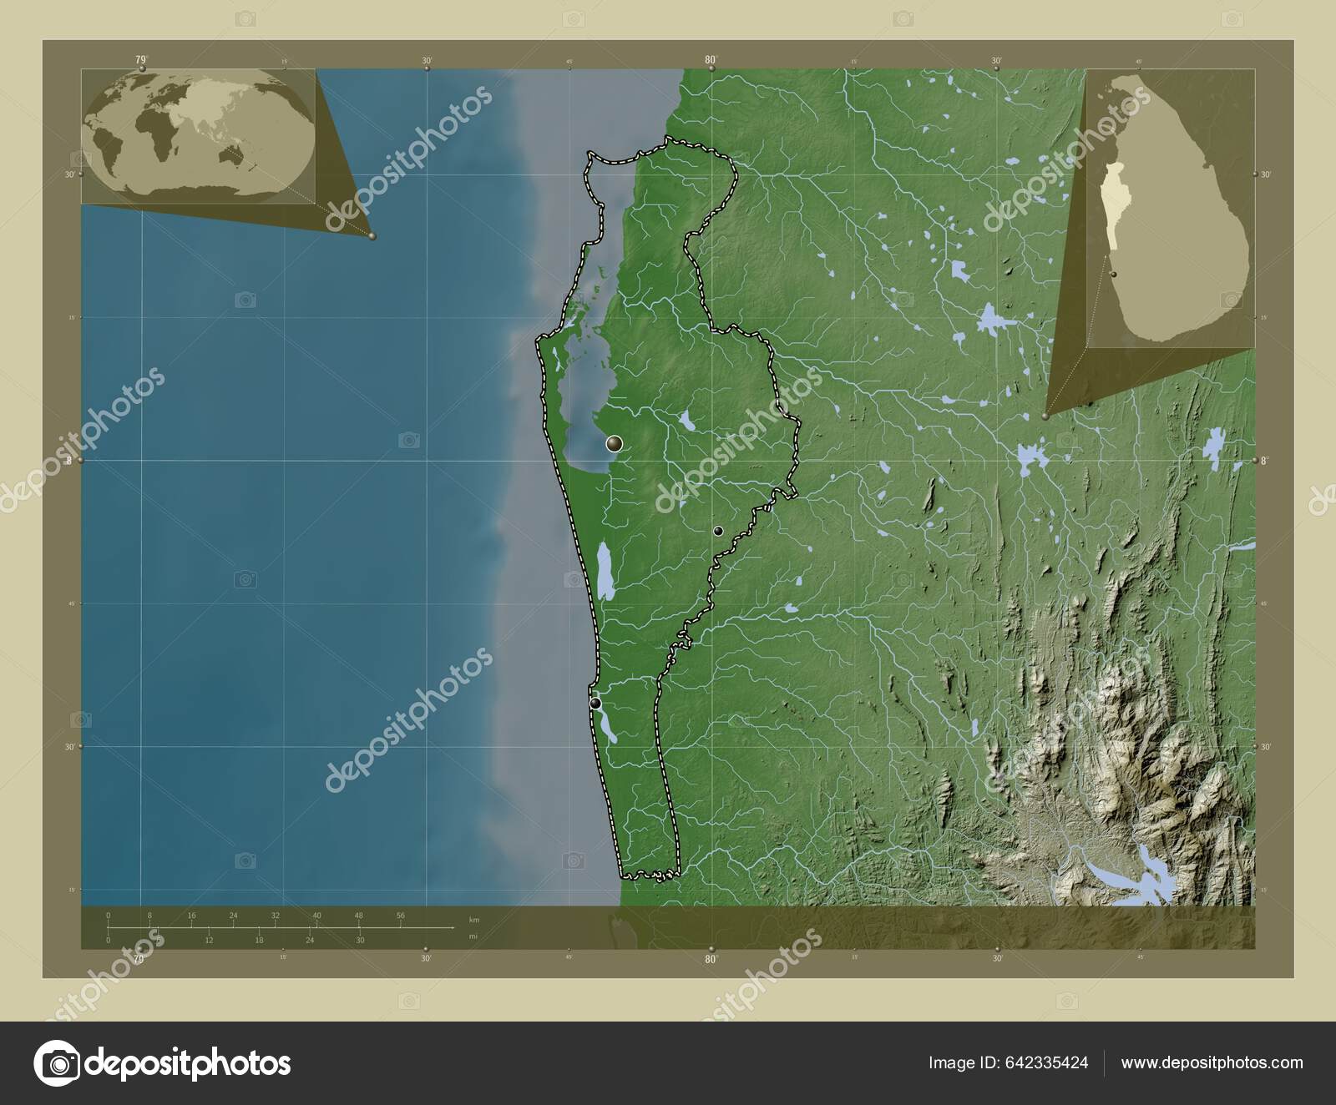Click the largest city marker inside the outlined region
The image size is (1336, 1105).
(x=615, y=443)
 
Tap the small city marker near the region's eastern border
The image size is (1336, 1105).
(x=717, y=531)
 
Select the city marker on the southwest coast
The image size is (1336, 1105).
(x=595, y=704)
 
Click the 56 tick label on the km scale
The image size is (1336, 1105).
(x=401, y=916)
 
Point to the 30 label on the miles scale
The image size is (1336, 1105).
(x=360, y=941)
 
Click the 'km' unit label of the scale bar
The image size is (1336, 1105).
(x=474, y=920)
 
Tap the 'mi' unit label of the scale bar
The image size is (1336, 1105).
(x=473, y=937)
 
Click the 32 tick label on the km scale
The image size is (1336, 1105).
(x=275, y=916)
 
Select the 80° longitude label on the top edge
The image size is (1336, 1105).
(x=711, y=59)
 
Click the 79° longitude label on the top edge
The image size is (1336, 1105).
(x=140, y=59)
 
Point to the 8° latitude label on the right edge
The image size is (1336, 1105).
(x=1266, y=460)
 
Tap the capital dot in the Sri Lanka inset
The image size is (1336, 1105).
(x=1113, y=274)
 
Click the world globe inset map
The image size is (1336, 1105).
(x=199, y=137)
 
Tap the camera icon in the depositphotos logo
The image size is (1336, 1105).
(x=56, y=1063)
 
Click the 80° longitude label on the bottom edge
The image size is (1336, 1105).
(x=711, y=960)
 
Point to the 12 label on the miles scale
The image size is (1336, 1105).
(x=209, y=941)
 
